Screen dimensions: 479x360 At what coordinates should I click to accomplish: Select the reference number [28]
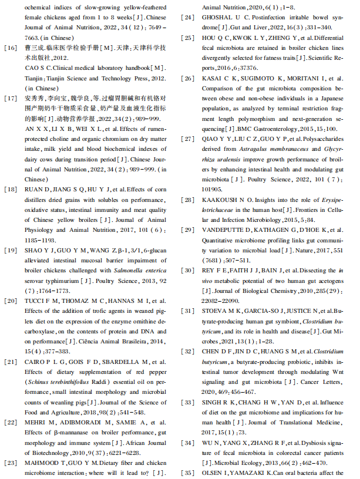189,200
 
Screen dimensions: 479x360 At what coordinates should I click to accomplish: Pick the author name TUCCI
35,301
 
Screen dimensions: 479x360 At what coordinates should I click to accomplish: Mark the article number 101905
212,190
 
